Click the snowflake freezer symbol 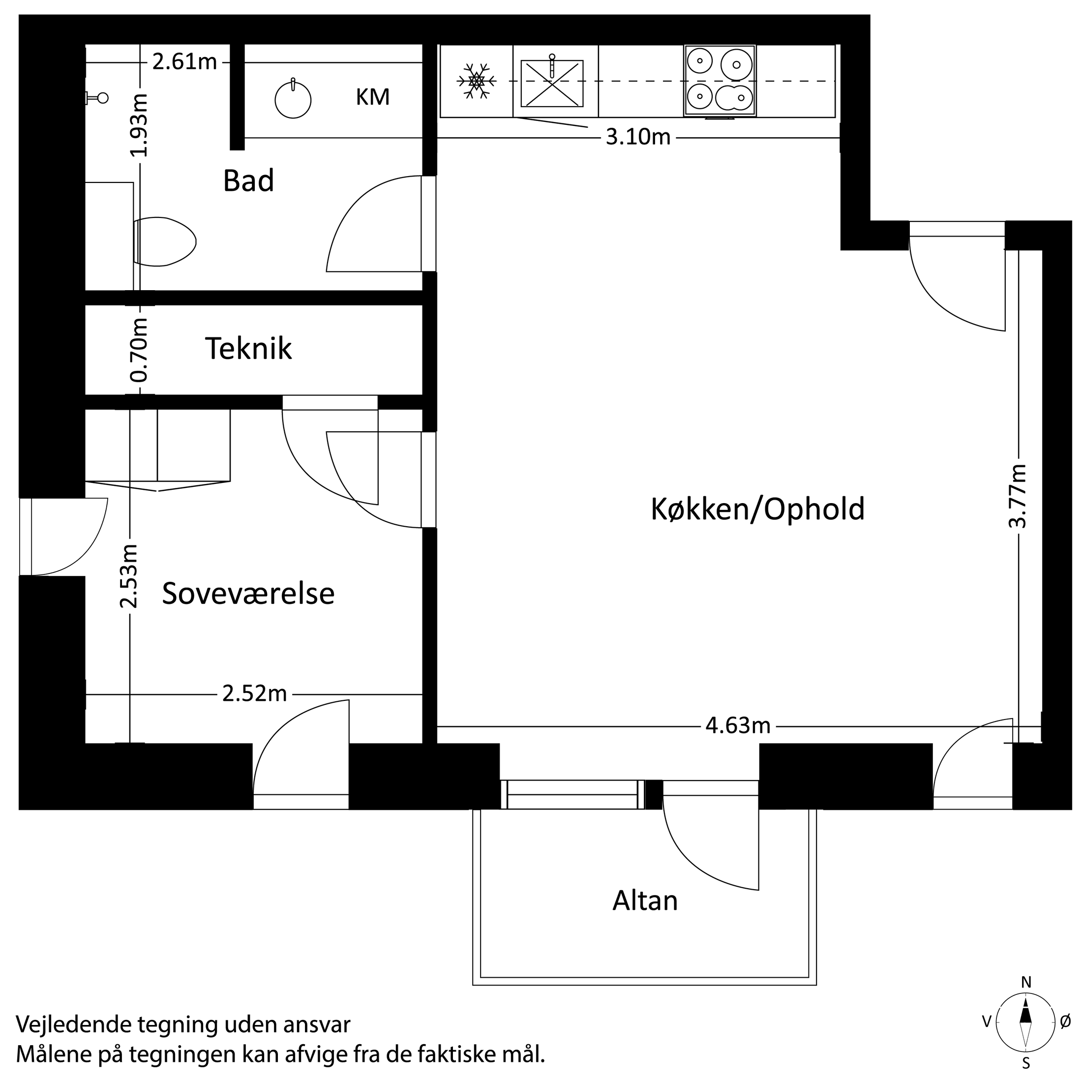point(476,81)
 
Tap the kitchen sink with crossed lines point(552,84)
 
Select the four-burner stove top point(720,81)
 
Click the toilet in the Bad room point(165,242)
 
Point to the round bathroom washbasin point(293,100)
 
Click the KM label point(372,97)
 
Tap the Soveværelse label point(248,594)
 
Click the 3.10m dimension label point(638,137)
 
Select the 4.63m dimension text point(738,726)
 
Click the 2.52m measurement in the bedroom point(254,694)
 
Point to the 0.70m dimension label point(138,350)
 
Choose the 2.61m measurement point(184,61)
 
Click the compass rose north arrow point(1026,1028)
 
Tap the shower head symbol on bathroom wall point(97,98)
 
